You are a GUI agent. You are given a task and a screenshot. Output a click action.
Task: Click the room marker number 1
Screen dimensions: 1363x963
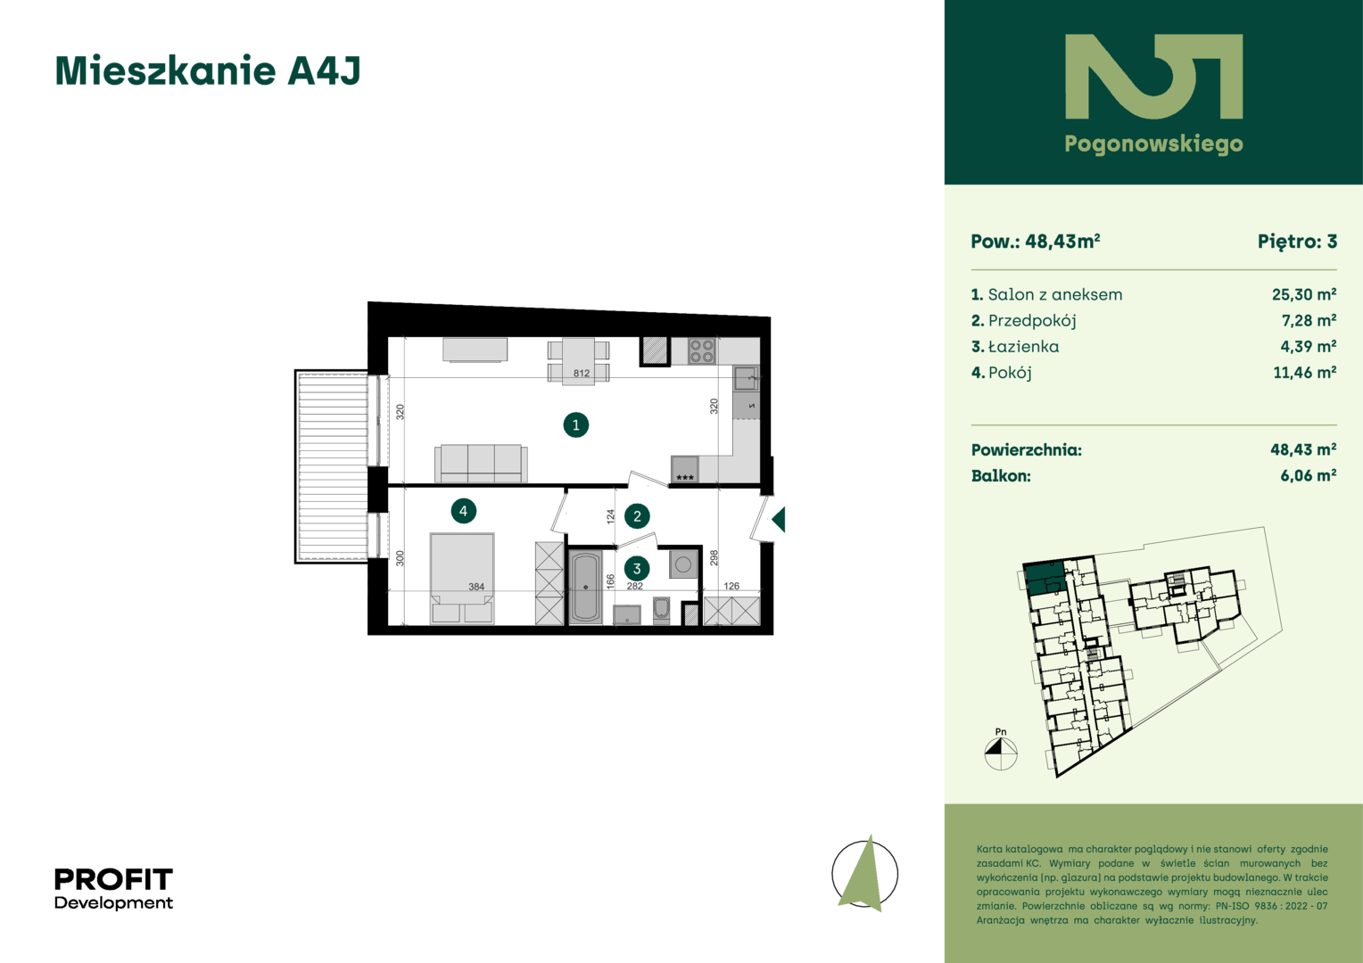pos(575,424)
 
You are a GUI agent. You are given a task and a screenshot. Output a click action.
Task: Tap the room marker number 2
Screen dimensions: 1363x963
pos(637,516)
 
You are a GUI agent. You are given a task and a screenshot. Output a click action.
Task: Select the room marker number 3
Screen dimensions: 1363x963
pos(637,569)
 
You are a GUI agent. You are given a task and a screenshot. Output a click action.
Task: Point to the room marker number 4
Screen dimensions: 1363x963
pos(463,511)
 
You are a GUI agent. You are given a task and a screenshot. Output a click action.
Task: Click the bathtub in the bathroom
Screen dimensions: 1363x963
pos(585,587)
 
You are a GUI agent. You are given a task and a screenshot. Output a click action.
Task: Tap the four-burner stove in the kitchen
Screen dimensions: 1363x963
pos(701,351)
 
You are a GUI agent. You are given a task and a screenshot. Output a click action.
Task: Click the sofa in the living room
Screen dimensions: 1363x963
pos(481,464)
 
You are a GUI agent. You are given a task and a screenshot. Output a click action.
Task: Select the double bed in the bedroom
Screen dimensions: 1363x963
pos(462,578)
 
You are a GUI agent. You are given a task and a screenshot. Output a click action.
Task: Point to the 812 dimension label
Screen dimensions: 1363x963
pos(581,373)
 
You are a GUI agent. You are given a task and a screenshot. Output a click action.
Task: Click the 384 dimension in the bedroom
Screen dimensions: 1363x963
pos(476,587)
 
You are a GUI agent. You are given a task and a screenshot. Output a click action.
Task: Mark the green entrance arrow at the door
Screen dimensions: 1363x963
pos(778,520)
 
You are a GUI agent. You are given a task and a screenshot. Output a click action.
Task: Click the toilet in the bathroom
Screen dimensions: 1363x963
pos(661,610)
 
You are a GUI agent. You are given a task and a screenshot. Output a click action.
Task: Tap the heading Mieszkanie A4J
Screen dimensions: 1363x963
pos(208,70)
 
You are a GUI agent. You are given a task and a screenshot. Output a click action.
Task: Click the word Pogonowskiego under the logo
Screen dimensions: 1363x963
pos(1153,144)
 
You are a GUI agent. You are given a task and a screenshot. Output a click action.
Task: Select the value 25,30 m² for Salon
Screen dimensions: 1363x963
pos(1303,294)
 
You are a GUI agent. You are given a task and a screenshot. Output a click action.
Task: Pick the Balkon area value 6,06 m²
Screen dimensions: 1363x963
pos(1308,475)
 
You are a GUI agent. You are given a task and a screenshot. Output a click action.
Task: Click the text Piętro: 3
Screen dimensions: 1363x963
pos(1297,242)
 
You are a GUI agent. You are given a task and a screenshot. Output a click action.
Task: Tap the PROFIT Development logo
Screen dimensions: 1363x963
pos(114,888)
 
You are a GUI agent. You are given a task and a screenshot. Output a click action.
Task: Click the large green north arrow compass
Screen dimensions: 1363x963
pos(864,874)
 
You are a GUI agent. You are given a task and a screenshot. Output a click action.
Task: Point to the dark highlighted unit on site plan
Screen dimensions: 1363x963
pos(1045,579)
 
